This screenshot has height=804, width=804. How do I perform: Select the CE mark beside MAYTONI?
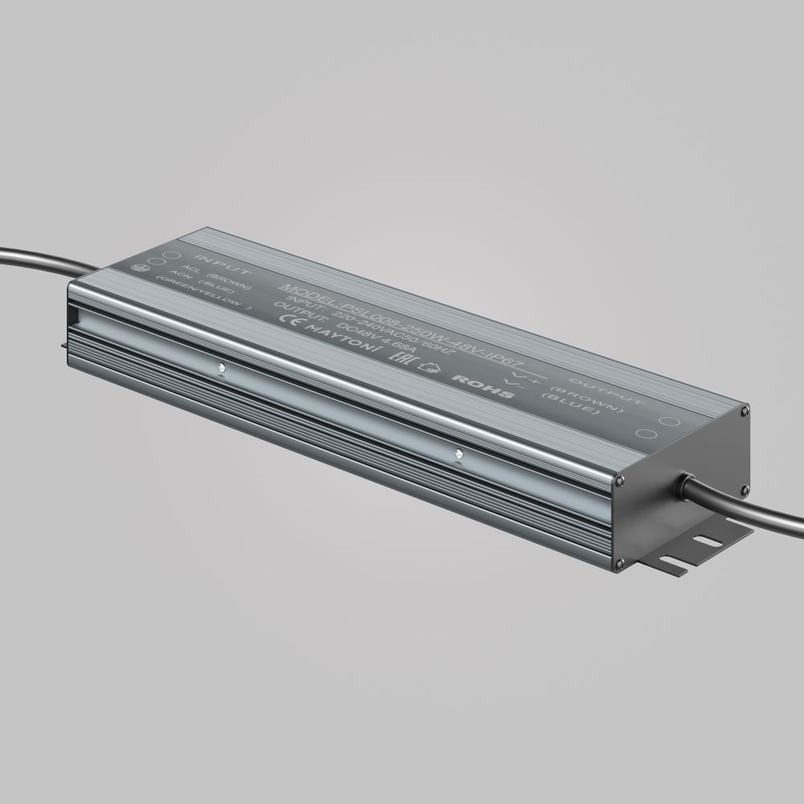[x=287, y=314]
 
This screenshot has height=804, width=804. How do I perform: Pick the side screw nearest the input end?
[x=220, y=369]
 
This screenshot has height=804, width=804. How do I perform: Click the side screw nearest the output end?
[x=457, y=456]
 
